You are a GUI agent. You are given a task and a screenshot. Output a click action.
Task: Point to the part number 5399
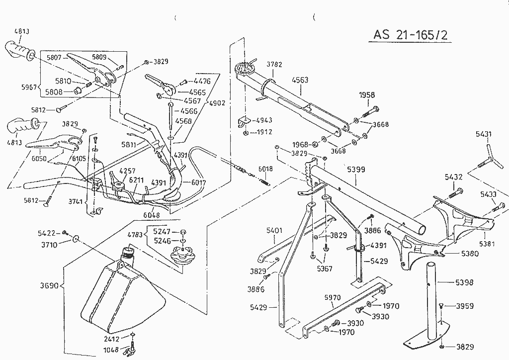coord(355,170)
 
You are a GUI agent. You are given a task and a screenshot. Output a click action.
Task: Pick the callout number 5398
coord(464,282)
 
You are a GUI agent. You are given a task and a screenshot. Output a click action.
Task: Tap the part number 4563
coord(300,80)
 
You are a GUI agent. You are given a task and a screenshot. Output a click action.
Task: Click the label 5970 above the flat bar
coord(332,297)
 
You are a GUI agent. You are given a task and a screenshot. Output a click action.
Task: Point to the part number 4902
coord(217,103)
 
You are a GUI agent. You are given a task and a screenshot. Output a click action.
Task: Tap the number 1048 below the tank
coord(112,350)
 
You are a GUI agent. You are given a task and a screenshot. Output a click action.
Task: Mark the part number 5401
coord(274,230)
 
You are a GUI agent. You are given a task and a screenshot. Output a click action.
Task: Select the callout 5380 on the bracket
coord(470,253)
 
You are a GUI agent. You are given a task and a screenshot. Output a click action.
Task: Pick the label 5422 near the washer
coord(47,232)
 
